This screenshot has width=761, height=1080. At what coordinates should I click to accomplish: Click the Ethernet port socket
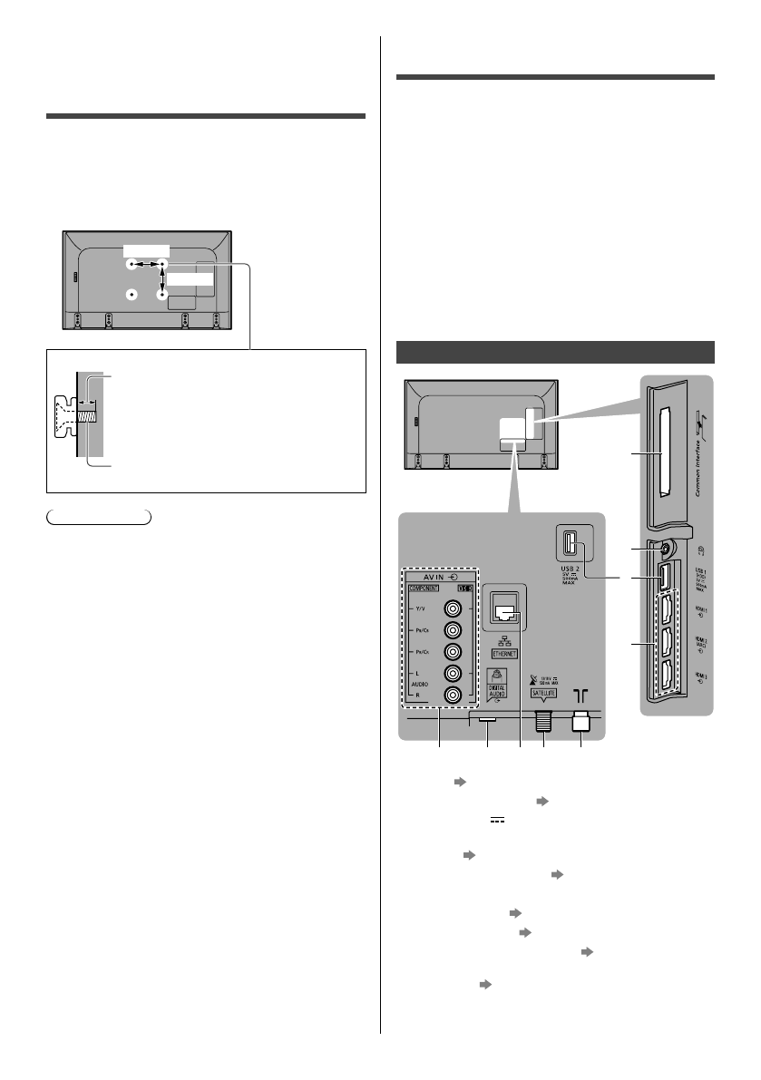pyautogui.click(x=506, y=610)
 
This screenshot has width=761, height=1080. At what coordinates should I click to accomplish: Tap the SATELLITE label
pyautogui.click(x=545, y=692)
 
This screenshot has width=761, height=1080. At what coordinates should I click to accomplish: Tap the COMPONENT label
pyautogui.click(x=424, y=588)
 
